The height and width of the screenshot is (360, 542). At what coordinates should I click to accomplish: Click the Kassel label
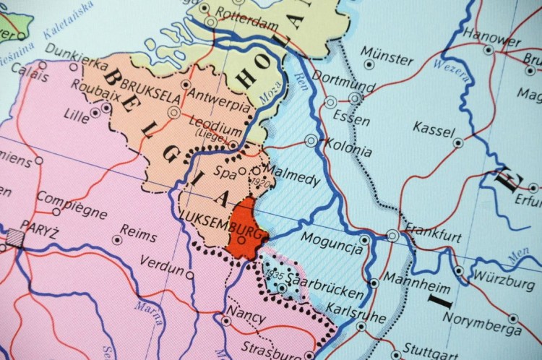pos(434,130)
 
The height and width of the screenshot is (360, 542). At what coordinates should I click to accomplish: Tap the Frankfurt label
pos(434,236)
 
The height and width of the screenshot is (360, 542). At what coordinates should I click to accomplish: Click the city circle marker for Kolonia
pos(311,140)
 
